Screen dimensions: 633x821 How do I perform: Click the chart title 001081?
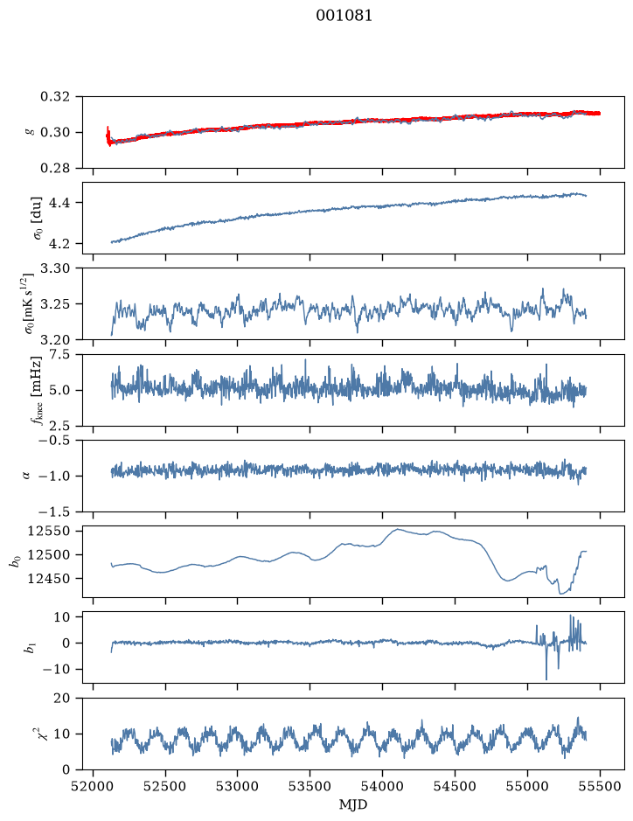point(344,16)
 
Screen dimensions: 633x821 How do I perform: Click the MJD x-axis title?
point(353,804)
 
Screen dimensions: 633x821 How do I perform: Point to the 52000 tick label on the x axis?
point(94,786)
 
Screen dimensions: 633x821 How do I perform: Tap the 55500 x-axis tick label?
point(600,786)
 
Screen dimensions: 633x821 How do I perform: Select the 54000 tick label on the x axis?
point(382,786)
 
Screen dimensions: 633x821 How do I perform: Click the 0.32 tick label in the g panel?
point(55,97)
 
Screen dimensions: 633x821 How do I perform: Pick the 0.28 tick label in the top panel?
point(55,168)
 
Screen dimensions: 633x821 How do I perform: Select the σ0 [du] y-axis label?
point(38,219)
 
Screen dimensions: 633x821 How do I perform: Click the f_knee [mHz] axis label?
point(37,390)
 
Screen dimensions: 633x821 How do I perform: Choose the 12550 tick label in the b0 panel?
point(49,532)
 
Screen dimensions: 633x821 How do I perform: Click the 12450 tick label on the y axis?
point(49,579)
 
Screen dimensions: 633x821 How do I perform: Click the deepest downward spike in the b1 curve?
point(546,679)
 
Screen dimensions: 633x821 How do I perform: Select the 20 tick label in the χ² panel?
point(62,699)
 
